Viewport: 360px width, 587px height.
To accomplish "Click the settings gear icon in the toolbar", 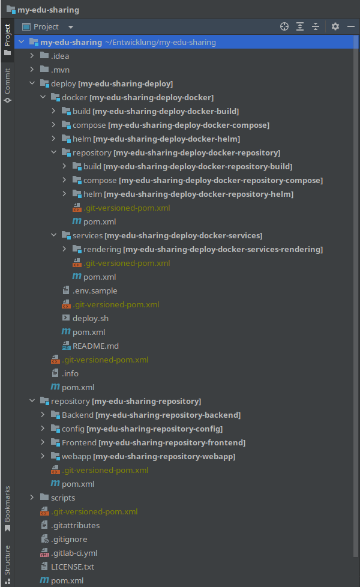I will tap(335, 26).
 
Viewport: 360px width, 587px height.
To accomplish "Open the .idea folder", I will tap(60, 56).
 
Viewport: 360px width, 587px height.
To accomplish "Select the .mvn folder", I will tap(60, 70).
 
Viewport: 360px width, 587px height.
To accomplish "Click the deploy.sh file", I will tap(90, 318).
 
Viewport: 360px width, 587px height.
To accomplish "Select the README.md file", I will tap(95, 346).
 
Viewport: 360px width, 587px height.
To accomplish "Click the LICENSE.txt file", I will tap(72, 567).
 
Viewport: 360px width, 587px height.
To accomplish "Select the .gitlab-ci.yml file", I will tap(74, 553).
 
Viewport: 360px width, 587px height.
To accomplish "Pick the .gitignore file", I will tap(69, 539).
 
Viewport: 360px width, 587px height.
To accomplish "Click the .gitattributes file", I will tap(75, 525).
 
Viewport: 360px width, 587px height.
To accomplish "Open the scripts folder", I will tap(63, 498).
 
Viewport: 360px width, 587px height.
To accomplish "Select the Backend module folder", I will tap(77, 415).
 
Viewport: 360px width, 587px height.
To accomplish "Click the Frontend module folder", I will tap(79, 442).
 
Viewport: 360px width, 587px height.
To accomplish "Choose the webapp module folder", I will tap(76, 456).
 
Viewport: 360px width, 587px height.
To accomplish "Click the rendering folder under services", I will tap(102, 249).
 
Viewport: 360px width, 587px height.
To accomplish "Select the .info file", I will tap(70, 373).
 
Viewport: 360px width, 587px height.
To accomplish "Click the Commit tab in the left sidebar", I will tap(7, 84).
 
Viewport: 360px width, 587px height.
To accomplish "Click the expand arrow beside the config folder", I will tap(43, 429).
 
